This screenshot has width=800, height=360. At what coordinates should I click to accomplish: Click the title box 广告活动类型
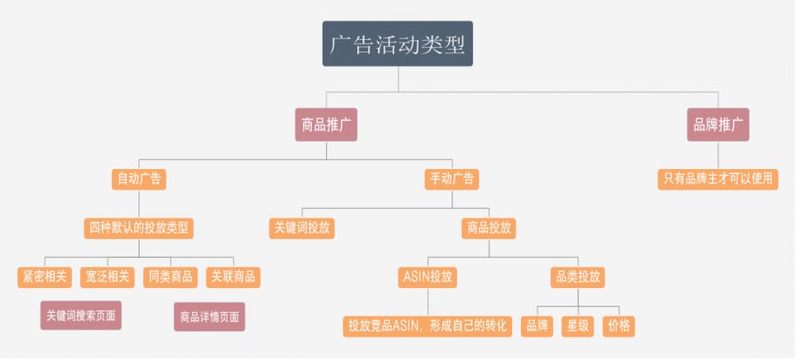tap(397, 44)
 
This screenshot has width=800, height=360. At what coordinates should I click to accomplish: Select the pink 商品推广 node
tap(326, 124)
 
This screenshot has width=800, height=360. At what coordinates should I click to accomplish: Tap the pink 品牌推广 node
tap(718, 124)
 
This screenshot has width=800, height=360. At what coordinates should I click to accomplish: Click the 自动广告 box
tap(140, 179)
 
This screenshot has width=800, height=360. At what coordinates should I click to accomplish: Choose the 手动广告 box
tap(452, 179)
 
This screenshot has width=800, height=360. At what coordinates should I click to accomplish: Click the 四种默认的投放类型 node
tap(140, 228)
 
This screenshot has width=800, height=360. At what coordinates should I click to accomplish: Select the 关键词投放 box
tap(302, 228)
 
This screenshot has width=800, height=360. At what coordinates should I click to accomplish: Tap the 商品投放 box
tap(489, 228)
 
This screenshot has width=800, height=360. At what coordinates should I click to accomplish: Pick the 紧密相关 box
tap(44, 276)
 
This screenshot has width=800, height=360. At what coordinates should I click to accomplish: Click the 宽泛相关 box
tap(108, 276)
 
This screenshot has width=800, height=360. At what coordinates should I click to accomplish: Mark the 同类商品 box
tap(170, 276)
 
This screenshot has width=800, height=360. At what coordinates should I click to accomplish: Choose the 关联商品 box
tap(232, 276)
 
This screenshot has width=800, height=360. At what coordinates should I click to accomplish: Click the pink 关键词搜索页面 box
tap(81, 316)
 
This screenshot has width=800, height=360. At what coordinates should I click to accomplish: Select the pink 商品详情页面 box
tap(209, 316)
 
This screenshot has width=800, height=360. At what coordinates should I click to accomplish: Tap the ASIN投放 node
tap(427, 276)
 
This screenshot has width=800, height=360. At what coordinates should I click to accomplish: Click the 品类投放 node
tap(576, 276)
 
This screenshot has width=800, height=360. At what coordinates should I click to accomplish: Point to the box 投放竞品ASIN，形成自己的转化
tap(428, 325)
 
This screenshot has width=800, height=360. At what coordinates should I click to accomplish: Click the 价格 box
tap(619, 325)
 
